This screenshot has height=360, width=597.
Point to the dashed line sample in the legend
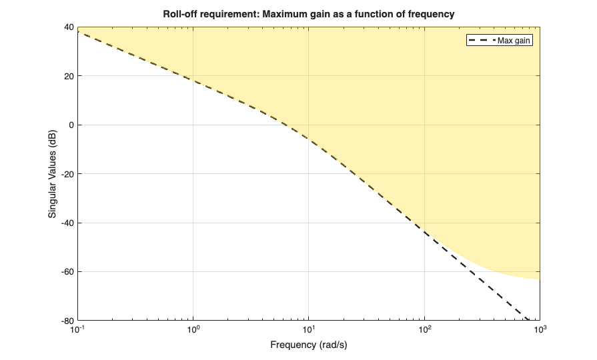point(481,40)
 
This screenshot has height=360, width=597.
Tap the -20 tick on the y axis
point(66,174)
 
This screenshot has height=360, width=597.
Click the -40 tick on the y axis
point(66,223)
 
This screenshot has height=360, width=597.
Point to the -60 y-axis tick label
point(66,272)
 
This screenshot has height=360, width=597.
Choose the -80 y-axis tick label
point(66,321)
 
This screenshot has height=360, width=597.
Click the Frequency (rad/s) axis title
point(309,345)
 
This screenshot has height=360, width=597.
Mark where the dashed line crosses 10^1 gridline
point(309,138)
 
